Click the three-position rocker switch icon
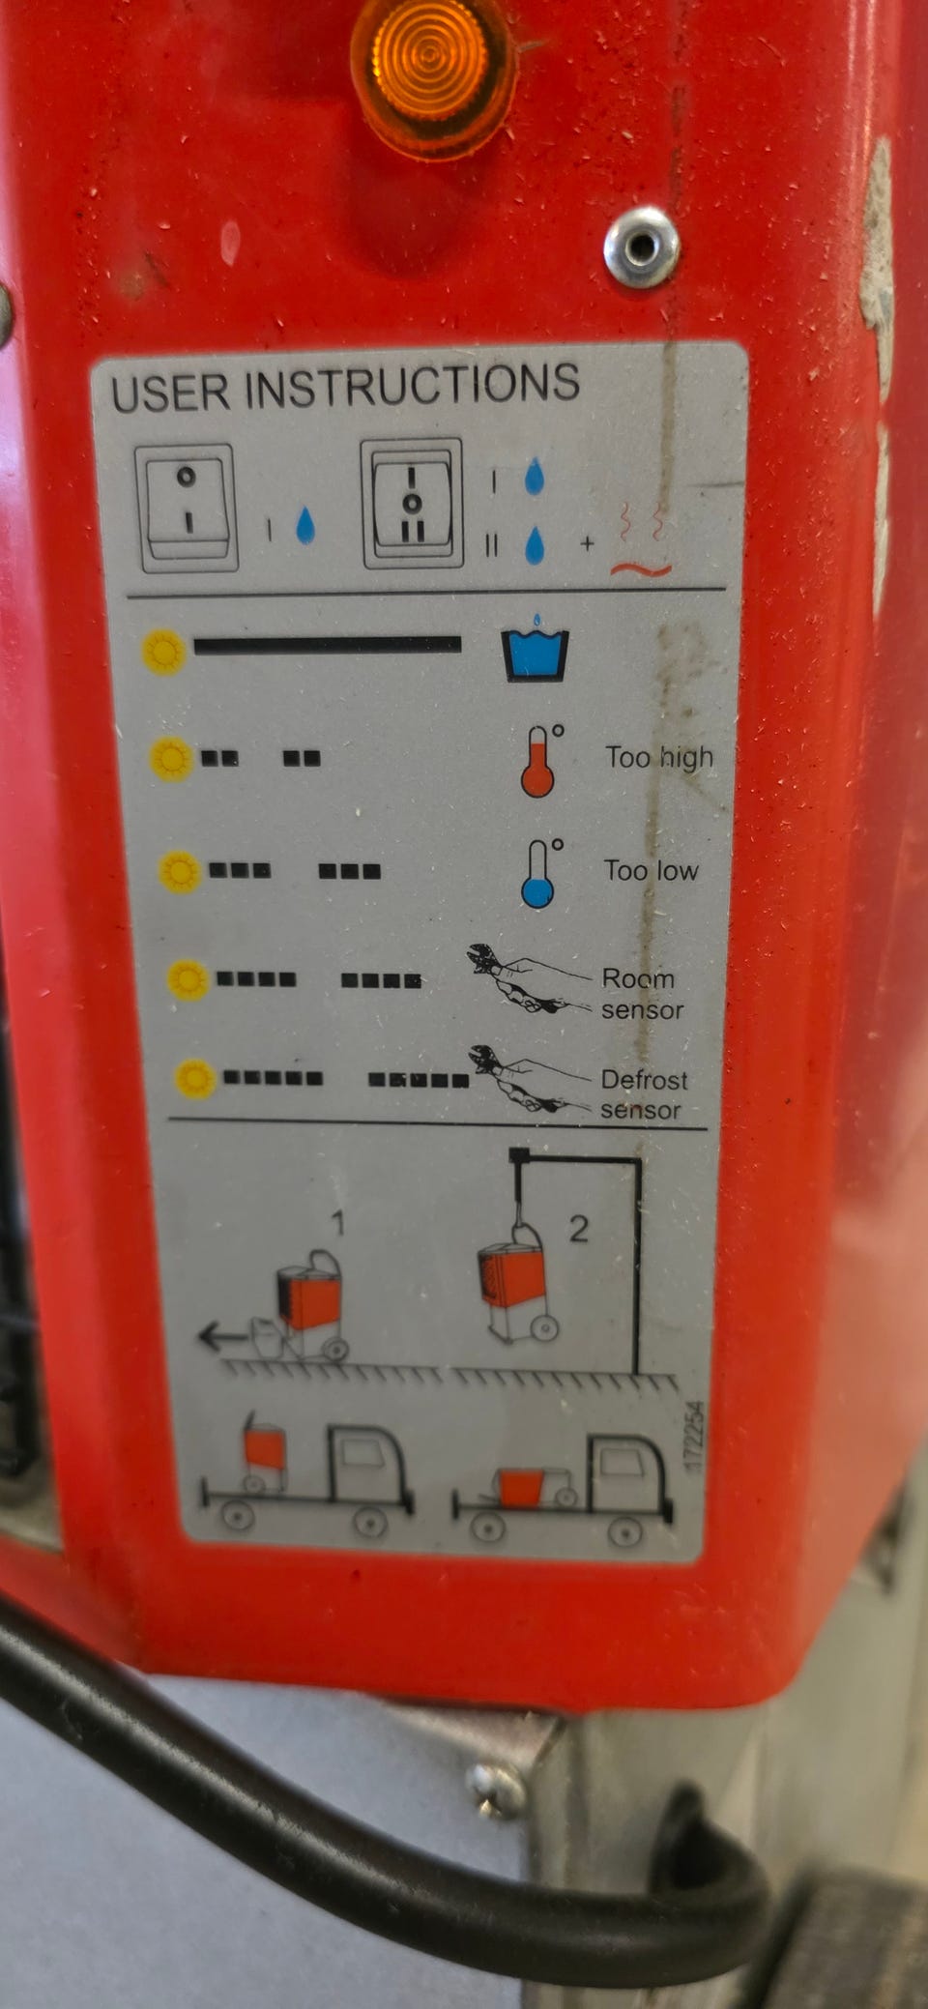(x=413, y=504)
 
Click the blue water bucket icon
(x=535, y=647)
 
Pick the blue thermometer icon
(x=541, y=873)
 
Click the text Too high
(x=659, y=758)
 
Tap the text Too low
(x=652, y=871)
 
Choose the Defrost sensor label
(x=643, y=1094)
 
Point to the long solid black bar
(x=328, y=645)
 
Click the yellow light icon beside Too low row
(x=180, y=871)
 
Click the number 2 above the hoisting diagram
(x=578, y=1229)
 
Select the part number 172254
(x=693, y=1438)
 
